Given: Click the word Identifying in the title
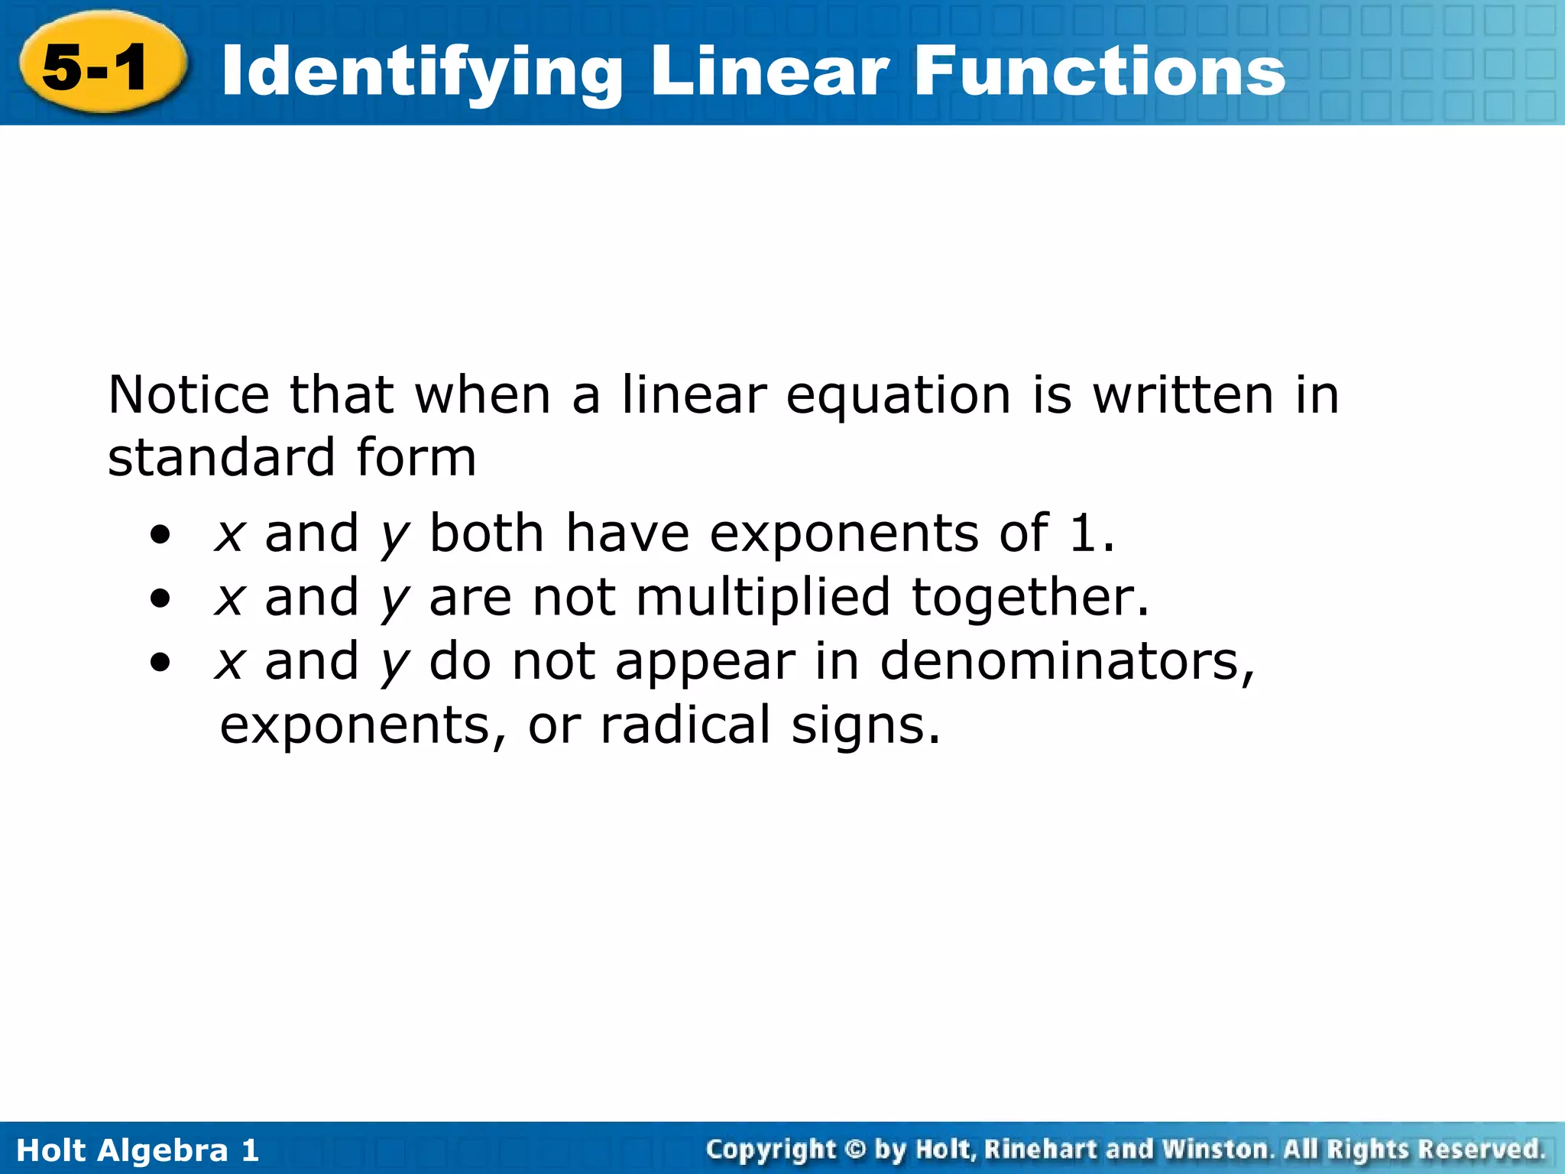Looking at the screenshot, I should click(421, 73).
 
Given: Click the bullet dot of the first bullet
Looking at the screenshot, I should click(160, 534).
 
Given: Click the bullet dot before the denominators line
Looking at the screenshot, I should click(160, 662).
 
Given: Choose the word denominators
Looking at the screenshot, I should click(1067, 661).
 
